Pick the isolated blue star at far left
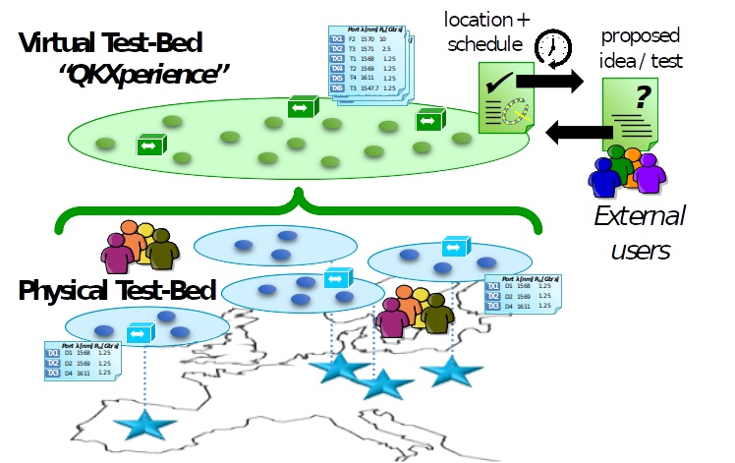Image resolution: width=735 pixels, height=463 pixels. pos(144,425)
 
